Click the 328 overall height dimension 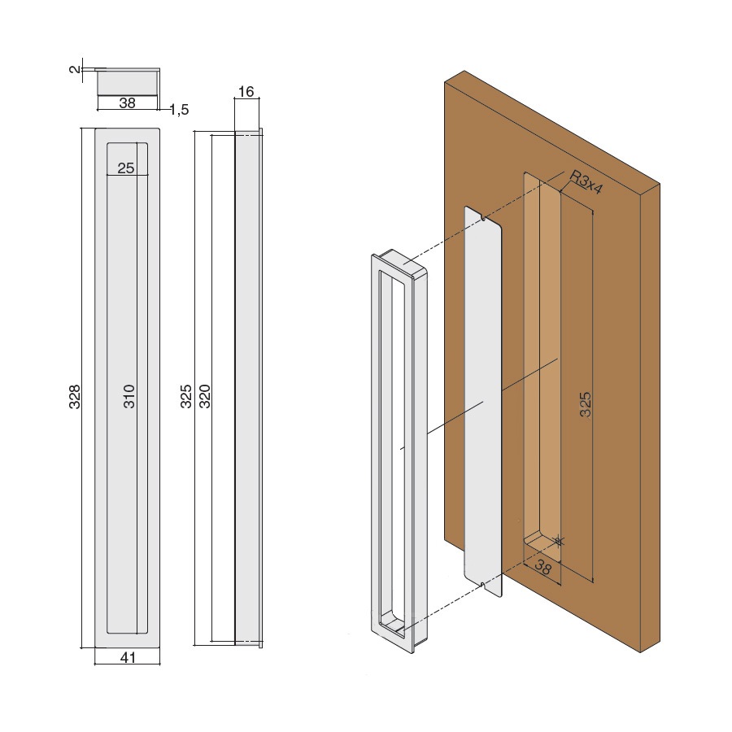click(75, 397)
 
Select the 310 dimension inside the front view click(129, 396)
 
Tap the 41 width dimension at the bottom click(128, 658)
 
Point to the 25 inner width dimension click(126, 168)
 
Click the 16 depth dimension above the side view click(246, 91)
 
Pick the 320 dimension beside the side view click(205, 396)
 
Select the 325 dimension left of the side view click(186, 396)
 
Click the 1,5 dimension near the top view click(179, 110)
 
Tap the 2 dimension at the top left click(75, 70)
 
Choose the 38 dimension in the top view click(128, 102)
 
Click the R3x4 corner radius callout click(586, 182)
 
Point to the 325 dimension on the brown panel click(585, 404)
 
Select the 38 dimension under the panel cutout click(543, 567)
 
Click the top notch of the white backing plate click(482, 217)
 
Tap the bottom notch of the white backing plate click(482, 584)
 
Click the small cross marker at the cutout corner click(558, 541)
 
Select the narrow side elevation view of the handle click(248, 387)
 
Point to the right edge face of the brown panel click(650, 417)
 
